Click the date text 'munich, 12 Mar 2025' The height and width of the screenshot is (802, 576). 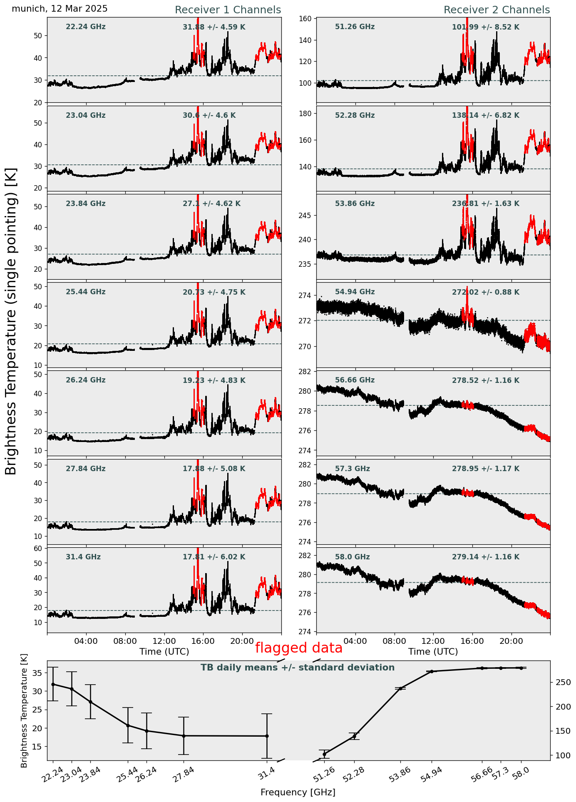(x=60, y=9)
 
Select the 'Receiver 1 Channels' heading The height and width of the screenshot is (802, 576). (x=228, y=10)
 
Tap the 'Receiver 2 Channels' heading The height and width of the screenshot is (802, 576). (x=497, y=10)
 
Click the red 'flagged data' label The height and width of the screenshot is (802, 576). (x=298, y=648)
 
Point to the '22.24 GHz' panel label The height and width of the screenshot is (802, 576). (x=86, y=27)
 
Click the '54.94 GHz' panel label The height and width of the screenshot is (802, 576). (x=355, y=292)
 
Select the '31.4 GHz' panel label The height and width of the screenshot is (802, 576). (x=83, y=557)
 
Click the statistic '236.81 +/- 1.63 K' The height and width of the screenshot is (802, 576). (x=485, y=204)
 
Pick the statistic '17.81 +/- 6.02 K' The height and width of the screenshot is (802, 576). (x=214, y=557)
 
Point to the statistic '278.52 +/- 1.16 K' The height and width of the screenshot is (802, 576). (x=485, y=380)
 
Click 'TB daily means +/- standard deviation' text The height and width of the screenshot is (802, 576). (x=298, y=668)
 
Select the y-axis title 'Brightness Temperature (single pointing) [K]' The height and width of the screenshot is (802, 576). (x=12, y=321)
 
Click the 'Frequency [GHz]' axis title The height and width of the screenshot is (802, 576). (x=298, y=792)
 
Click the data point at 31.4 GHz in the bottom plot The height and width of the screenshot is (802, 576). (x=267, y=736)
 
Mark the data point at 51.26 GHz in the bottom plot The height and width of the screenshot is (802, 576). (x=324, y=754)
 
